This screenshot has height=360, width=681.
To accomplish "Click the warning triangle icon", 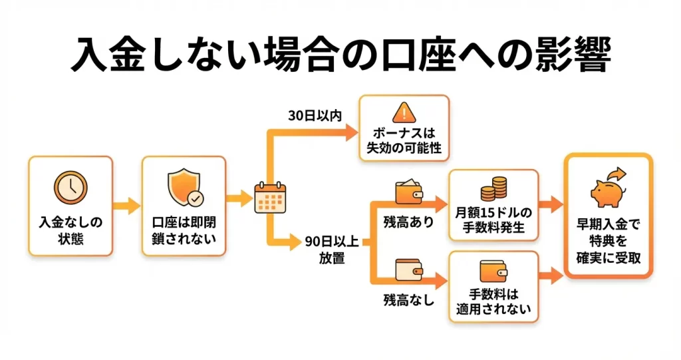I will pyautogui.click(x=404, y=112).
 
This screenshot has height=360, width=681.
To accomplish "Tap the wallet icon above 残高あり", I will pyautogui.click(x=409, y=192).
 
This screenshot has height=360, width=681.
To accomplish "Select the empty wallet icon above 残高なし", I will pyautogui.click(x=409, y=270).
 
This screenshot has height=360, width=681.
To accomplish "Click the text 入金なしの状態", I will pyautogui.click(x=70, y=230).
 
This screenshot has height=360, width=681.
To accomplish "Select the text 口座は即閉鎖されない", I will pyautogui.click(x=184, y=230).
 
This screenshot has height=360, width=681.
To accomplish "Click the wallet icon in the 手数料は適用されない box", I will pyautogui.click(x=493, y=271).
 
